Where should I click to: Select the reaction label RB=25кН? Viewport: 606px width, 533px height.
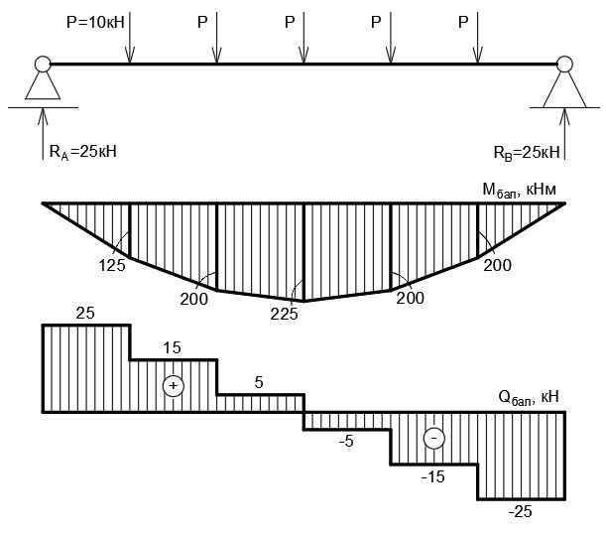click(x=526, y=152)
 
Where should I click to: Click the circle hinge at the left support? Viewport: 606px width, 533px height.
click(x=42, y=65)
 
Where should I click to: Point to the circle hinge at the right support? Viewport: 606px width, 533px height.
click(x=564, y=65)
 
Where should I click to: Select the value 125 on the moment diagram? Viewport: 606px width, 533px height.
click(x=111, y=265)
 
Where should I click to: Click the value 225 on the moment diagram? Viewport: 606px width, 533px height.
click(x=286, y=312)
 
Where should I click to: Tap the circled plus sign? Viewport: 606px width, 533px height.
click(x=174, y=385)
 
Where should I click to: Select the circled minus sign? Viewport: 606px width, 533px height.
click(x=432, y=438)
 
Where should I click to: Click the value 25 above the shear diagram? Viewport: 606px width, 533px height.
click(x=85, y=313)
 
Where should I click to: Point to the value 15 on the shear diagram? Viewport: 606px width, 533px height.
click(x=173, y=348)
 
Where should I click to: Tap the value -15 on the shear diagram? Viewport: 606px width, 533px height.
click(x=431, y=476)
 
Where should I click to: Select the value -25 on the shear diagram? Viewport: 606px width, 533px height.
click(x=519, y=511)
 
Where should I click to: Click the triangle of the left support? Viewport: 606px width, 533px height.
click(x=42, y=86)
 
